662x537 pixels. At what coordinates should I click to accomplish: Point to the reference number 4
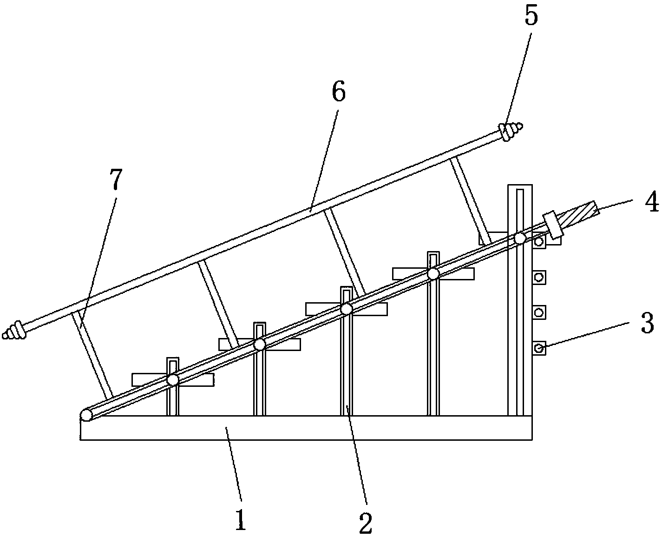(651, 202)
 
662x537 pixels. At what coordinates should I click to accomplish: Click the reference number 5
(531, 16)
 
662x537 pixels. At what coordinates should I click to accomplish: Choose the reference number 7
(115, 179)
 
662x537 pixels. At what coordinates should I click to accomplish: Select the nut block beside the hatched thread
(553, 225)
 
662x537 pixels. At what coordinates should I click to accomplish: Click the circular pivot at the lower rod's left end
(86, 416)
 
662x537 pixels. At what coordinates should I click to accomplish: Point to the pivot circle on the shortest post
(173, 380)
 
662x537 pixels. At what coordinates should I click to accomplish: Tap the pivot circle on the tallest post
(520, 239)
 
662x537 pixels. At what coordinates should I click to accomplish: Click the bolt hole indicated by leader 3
(539, 348)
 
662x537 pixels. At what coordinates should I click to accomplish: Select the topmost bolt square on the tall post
(539, 241)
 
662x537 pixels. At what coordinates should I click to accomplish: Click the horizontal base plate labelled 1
(306, 428)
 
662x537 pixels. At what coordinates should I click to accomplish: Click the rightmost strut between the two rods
(471, 202)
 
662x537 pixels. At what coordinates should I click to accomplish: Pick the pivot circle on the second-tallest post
(433, 274)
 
